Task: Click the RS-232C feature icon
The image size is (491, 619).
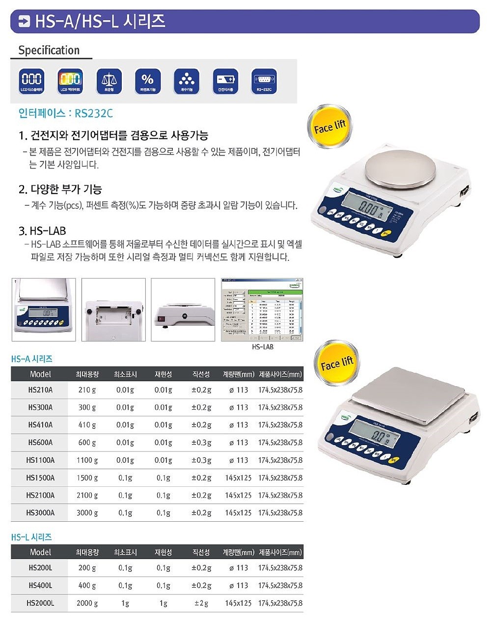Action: tap(264, 81)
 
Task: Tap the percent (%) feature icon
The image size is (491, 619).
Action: tap(148, 81)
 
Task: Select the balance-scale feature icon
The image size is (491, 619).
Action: tap(109, 81)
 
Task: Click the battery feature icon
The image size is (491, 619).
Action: tap(225, 81)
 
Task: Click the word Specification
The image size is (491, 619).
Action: tap(49, 50)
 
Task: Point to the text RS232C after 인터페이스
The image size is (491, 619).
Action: tap(94, 113)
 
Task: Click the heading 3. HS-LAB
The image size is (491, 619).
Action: tap(42, 231)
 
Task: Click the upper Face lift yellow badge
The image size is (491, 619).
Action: tap(329, 127)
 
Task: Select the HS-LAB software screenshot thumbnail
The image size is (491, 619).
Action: tap(262, 309)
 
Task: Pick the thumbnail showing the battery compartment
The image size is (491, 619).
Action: tap(113, 309)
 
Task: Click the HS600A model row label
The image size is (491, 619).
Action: tap(40, 443)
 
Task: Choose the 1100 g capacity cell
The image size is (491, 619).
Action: tap(87, 460)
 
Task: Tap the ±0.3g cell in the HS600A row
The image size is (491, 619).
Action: tap(201, 443)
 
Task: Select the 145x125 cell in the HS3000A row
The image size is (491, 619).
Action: tap(238, 513)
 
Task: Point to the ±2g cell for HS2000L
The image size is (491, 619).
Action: tap(201, 603)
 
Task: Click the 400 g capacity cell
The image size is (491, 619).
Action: tap(87, 586)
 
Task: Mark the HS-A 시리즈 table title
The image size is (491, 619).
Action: tap(32, 359)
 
